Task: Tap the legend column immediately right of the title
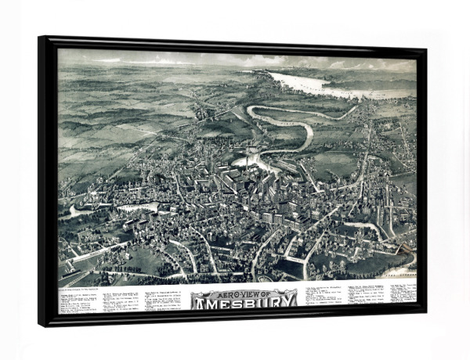321,298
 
